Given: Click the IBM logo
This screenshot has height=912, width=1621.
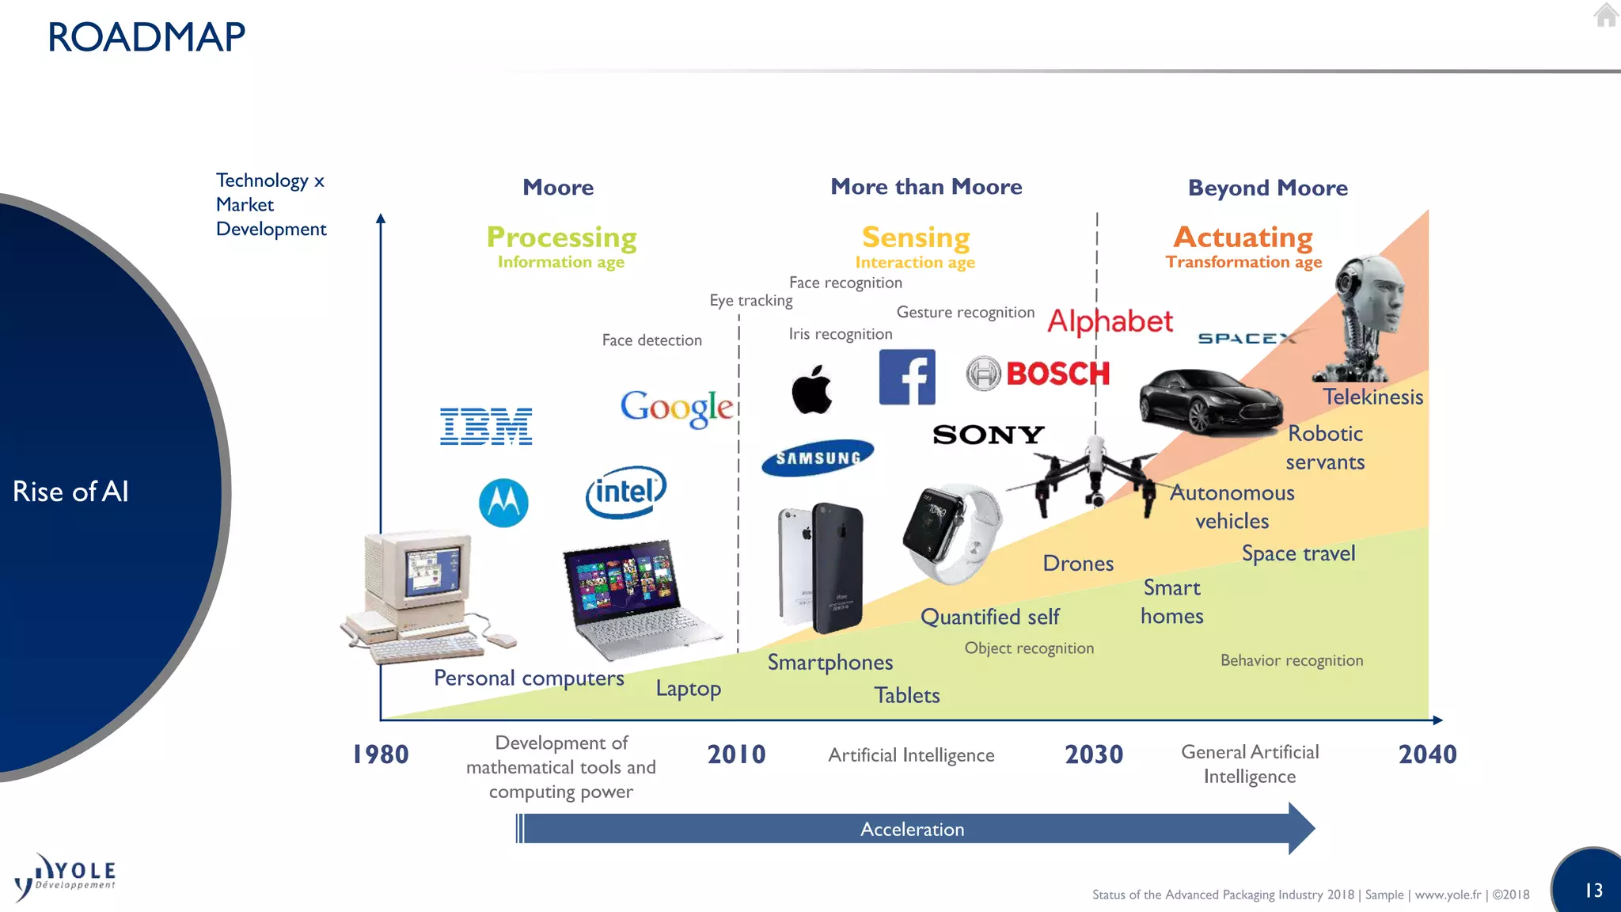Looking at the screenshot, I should coord(486,427).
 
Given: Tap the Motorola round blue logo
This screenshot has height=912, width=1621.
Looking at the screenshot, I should coord(503,503).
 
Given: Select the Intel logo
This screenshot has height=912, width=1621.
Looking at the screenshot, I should coord(626,492).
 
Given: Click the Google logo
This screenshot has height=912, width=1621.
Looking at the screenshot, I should coord(677,407).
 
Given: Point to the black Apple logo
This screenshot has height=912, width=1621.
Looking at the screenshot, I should coord(812,389).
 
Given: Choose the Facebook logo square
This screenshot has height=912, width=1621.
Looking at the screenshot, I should coord(907,377).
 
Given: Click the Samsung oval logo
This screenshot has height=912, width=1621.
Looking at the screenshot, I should coord(818,458).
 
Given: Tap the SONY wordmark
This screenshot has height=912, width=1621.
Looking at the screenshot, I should coord(989,435).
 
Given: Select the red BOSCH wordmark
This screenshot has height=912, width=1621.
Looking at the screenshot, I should coord(1057,374).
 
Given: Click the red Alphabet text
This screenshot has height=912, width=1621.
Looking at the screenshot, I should coord(1110,321).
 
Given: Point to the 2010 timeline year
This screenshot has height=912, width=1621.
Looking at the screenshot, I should coord(736,754).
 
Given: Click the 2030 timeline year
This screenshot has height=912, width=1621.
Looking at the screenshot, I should coord(1094,754).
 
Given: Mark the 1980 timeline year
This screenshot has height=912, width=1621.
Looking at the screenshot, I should coord(381,754).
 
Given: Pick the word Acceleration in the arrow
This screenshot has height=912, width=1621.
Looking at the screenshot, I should coord(912,829).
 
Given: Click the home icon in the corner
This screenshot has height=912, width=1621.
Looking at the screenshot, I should coord(1605,15).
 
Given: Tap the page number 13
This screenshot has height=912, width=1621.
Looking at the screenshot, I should coord(1593,891).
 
